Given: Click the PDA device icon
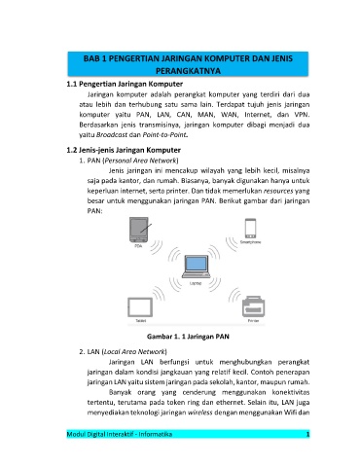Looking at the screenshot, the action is [x=139, y=230].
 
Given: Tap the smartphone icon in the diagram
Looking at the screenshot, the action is [x=250, y=229].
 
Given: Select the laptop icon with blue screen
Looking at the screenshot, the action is [x=196, y=267].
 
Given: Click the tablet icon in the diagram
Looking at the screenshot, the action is [x=140, y=307].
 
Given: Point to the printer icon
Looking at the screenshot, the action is [x=253, y=306].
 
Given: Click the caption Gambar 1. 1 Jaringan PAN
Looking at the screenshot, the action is [x=188, y=337].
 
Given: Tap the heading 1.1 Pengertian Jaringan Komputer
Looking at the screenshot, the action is [x=125, y=84].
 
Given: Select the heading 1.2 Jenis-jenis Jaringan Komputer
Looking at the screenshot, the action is [x=124, y=150].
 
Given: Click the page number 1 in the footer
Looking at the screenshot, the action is [x=307, y=434].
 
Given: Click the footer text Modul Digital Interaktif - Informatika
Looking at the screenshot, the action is [x=120, y=434].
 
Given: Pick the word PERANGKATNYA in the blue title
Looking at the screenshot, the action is [x=188, y=71].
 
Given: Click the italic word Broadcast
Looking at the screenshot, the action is [x=112, y=134].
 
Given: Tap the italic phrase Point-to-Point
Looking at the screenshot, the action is [x=164, y=134].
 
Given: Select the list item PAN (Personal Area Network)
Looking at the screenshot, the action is [x=128, y=161].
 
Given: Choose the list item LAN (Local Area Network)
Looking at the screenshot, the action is [x=123, y=351].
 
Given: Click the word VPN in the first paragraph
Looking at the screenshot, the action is [x=302, y=115].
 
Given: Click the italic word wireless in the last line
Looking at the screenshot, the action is [x=199, y=413].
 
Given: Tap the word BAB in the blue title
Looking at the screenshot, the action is [x=90, y=58].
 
